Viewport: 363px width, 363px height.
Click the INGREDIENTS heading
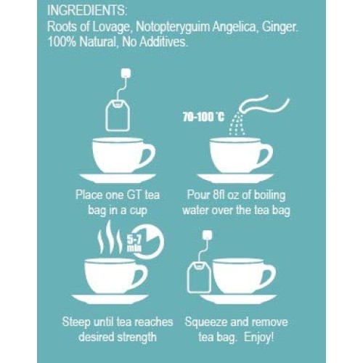pyautogui.click(x=87, y=11)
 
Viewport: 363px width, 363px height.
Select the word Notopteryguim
pyautogui.click(x=172, y=28)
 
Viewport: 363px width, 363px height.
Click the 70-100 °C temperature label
pyautogui.click(x=203, y=118)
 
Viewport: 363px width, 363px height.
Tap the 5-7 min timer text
pyautogui.click(x=134, y=244)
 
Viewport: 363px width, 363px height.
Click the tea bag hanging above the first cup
pyautogui.click(x=118, y=116)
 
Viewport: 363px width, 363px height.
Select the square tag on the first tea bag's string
pyautogui.click(x=126, y=73)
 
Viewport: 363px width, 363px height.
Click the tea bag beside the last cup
pyautogui.click(x=199, y=277)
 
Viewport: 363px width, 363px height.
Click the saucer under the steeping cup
pyautogui.click(x=110, y=299)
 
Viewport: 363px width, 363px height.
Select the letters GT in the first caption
pyautogui.click(x=134, y=195)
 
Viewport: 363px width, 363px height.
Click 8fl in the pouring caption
pyautogui.click(x=219, y=195)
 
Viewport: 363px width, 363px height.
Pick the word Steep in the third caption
pyautogui.click(x=76, y=322)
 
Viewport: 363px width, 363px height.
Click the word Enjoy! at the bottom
pyautogui.click(x=259, y=338)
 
